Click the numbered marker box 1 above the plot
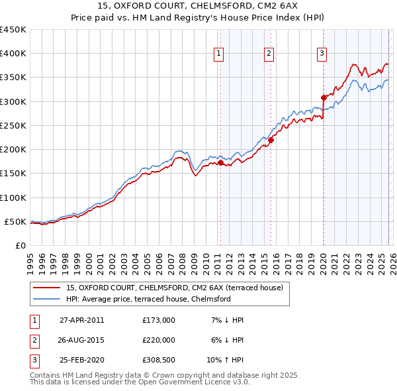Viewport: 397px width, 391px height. click(x=218, y=54)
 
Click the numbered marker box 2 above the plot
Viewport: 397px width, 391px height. click(x=269, y=54)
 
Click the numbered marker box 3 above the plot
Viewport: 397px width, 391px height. click(x=322, y=54)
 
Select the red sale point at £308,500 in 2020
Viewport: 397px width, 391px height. click(x=324, y=97)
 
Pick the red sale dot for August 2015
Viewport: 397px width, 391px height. click(x=271, y=140)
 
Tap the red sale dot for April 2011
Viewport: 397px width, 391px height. click(x=220, y=162)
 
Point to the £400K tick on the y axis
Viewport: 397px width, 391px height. click(x=13, y=54)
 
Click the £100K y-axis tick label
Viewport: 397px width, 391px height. click(x=13, y=197)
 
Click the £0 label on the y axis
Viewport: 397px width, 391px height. click(x=20, y=245)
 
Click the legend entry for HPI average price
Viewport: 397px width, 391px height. click(x=148, y=299)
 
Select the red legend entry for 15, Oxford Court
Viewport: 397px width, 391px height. click(x=175, y=288)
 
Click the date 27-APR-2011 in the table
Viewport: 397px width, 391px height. click(x=81, y=320)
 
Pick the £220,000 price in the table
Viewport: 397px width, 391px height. click(x=158, y=340)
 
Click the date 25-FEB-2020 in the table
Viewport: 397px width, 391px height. click(x=81, y=360)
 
